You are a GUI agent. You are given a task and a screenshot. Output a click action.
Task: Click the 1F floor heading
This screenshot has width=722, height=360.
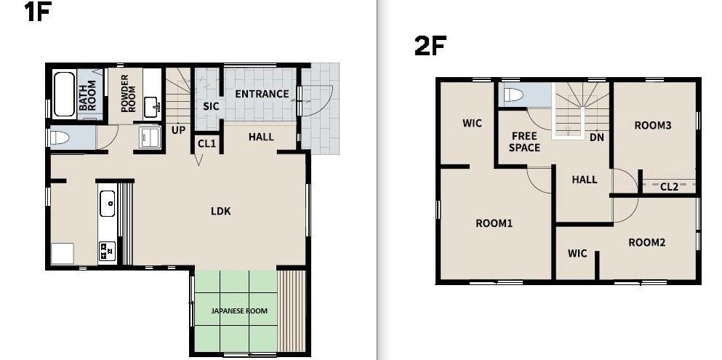tap(36, 12)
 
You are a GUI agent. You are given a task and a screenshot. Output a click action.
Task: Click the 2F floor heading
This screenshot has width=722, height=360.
tap(430, 46)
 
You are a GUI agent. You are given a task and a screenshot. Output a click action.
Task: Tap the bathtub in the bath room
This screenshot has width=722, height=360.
tap(64, 95)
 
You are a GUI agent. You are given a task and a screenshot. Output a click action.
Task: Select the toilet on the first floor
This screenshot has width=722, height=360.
tap(60, 137)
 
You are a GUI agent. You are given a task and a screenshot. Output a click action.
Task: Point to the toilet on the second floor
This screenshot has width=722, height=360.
tap(514, 95)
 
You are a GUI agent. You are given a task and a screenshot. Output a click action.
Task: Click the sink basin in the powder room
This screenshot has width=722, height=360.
tap(153, 107)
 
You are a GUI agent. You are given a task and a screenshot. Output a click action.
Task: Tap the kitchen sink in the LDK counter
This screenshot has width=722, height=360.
tap(108, 203)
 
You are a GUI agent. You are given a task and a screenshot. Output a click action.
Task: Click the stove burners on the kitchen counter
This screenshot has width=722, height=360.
tap(107, 252)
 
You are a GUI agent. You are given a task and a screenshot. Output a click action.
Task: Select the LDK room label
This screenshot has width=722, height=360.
tap(221, 212)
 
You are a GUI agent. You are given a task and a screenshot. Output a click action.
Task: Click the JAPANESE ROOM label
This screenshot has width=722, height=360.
tap(239, 311)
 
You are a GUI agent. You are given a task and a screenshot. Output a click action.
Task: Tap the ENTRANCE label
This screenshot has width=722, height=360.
tap(262, 94)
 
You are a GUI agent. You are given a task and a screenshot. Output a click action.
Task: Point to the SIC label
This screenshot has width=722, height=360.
tap(211, 107)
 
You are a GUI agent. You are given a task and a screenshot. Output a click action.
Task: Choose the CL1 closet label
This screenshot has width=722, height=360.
tap(206, 143)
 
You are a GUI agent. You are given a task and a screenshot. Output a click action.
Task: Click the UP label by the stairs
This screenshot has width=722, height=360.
tap(178, 130)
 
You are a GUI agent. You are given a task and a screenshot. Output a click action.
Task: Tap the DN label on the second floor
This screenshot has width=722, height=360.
tap(597, 137)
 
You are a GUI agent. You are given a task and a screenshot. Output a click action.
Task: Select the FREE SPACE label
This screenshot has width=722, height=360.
tap(525, 142)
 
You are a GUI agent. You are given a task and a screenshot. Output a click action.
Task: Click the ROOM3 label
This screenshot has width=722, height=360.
tap(652, 125)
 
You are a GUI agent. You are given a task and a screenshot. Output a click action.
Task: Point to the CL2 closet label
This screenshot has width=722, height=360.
tap(669, 187)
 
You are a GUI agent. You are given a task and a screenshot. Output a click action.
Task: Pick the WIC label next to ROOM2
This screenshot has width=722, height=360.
tap(577, 253)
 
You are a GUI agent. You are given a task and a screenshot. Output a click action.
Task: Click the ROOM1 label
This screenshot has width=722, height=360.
tap(494, 223)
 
